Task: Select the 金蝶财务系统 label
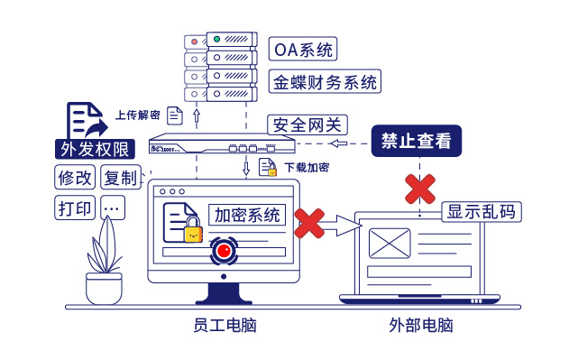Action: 325,82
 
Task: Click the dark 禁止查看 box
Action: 416,141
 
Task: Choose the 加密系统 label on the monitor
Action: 247,215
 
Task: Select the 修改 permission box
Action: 75,177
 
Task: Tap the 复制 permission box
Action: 120,177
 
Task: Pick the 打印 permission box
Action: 75,208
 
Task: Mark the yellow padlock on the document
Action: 193,232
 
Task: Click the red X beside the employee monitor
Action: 309,223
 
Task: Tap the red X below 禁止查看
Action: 419,189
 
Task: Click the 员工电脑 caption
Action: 225,325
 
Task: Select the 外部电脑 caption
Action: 420,325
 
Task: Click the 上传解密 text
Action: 137,115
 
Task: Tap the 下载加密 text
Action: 307,168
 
